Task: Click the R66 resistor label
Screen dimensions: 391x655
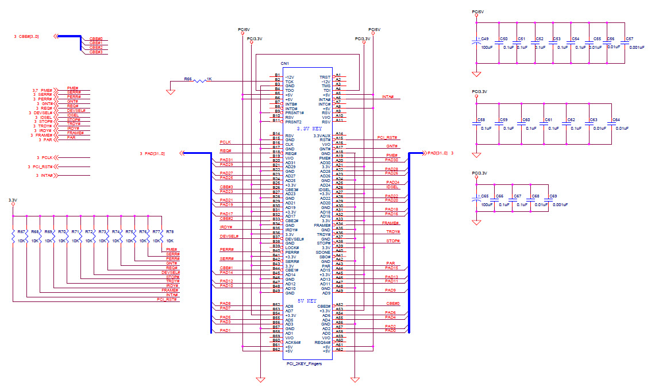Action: (188, 79)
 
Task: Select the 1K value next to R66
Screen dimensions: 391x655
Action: (209, 79)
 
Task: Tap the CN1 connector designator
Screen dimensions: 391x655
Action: (284, 63)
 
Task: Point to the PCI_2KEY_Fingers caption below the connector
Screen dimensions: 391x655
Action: (304, 364)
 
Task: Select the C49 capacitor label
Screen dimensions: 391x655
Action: (484, 38)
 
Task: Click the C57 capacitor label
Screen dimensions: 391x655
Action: (630, 38)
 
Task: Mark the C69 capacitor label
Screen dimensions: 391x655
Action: (553, 196)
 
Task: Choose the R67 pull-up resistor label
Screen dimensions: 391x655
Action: (21, 231)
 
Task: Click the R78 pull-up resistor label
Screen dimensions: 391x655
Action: (169, 231)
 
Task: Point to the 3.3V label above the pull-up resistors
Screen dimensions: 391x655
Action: (13, 200)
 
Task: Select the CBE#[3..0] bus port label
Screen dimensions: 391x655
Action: (29, 36)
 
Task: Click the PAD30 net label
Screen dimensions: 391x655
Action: (392, 160)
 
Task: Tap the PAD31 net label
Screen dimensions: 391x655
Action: (226, 160)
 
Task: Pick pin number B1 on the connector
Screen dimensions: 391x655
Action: (277, 75)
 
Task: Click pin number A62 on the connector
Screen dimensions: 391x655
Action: (339, 349)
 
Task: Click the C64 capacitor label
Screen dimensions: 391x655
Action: (616, 119)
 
